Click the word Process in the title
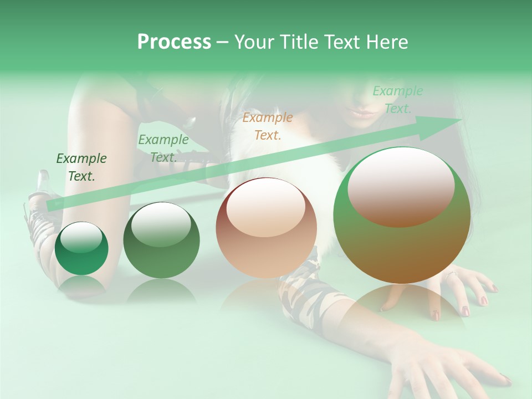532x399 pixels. tap(174, 42)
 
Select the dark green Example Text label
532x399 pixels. tap(81, 167)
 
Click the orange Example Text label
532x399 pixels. tap(268, 126)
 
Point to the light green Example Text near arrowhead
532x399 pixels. tap(397, 100)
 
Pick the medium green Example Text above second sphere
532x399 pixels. tap(163, 148)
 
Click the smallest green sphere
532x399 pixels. tap(81, 248)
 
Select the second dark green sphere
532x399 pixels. tap(161, 241)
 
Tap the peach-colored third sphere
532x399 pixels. tap(267, 228)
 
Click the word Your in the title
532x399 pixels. tap(254, 42)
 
